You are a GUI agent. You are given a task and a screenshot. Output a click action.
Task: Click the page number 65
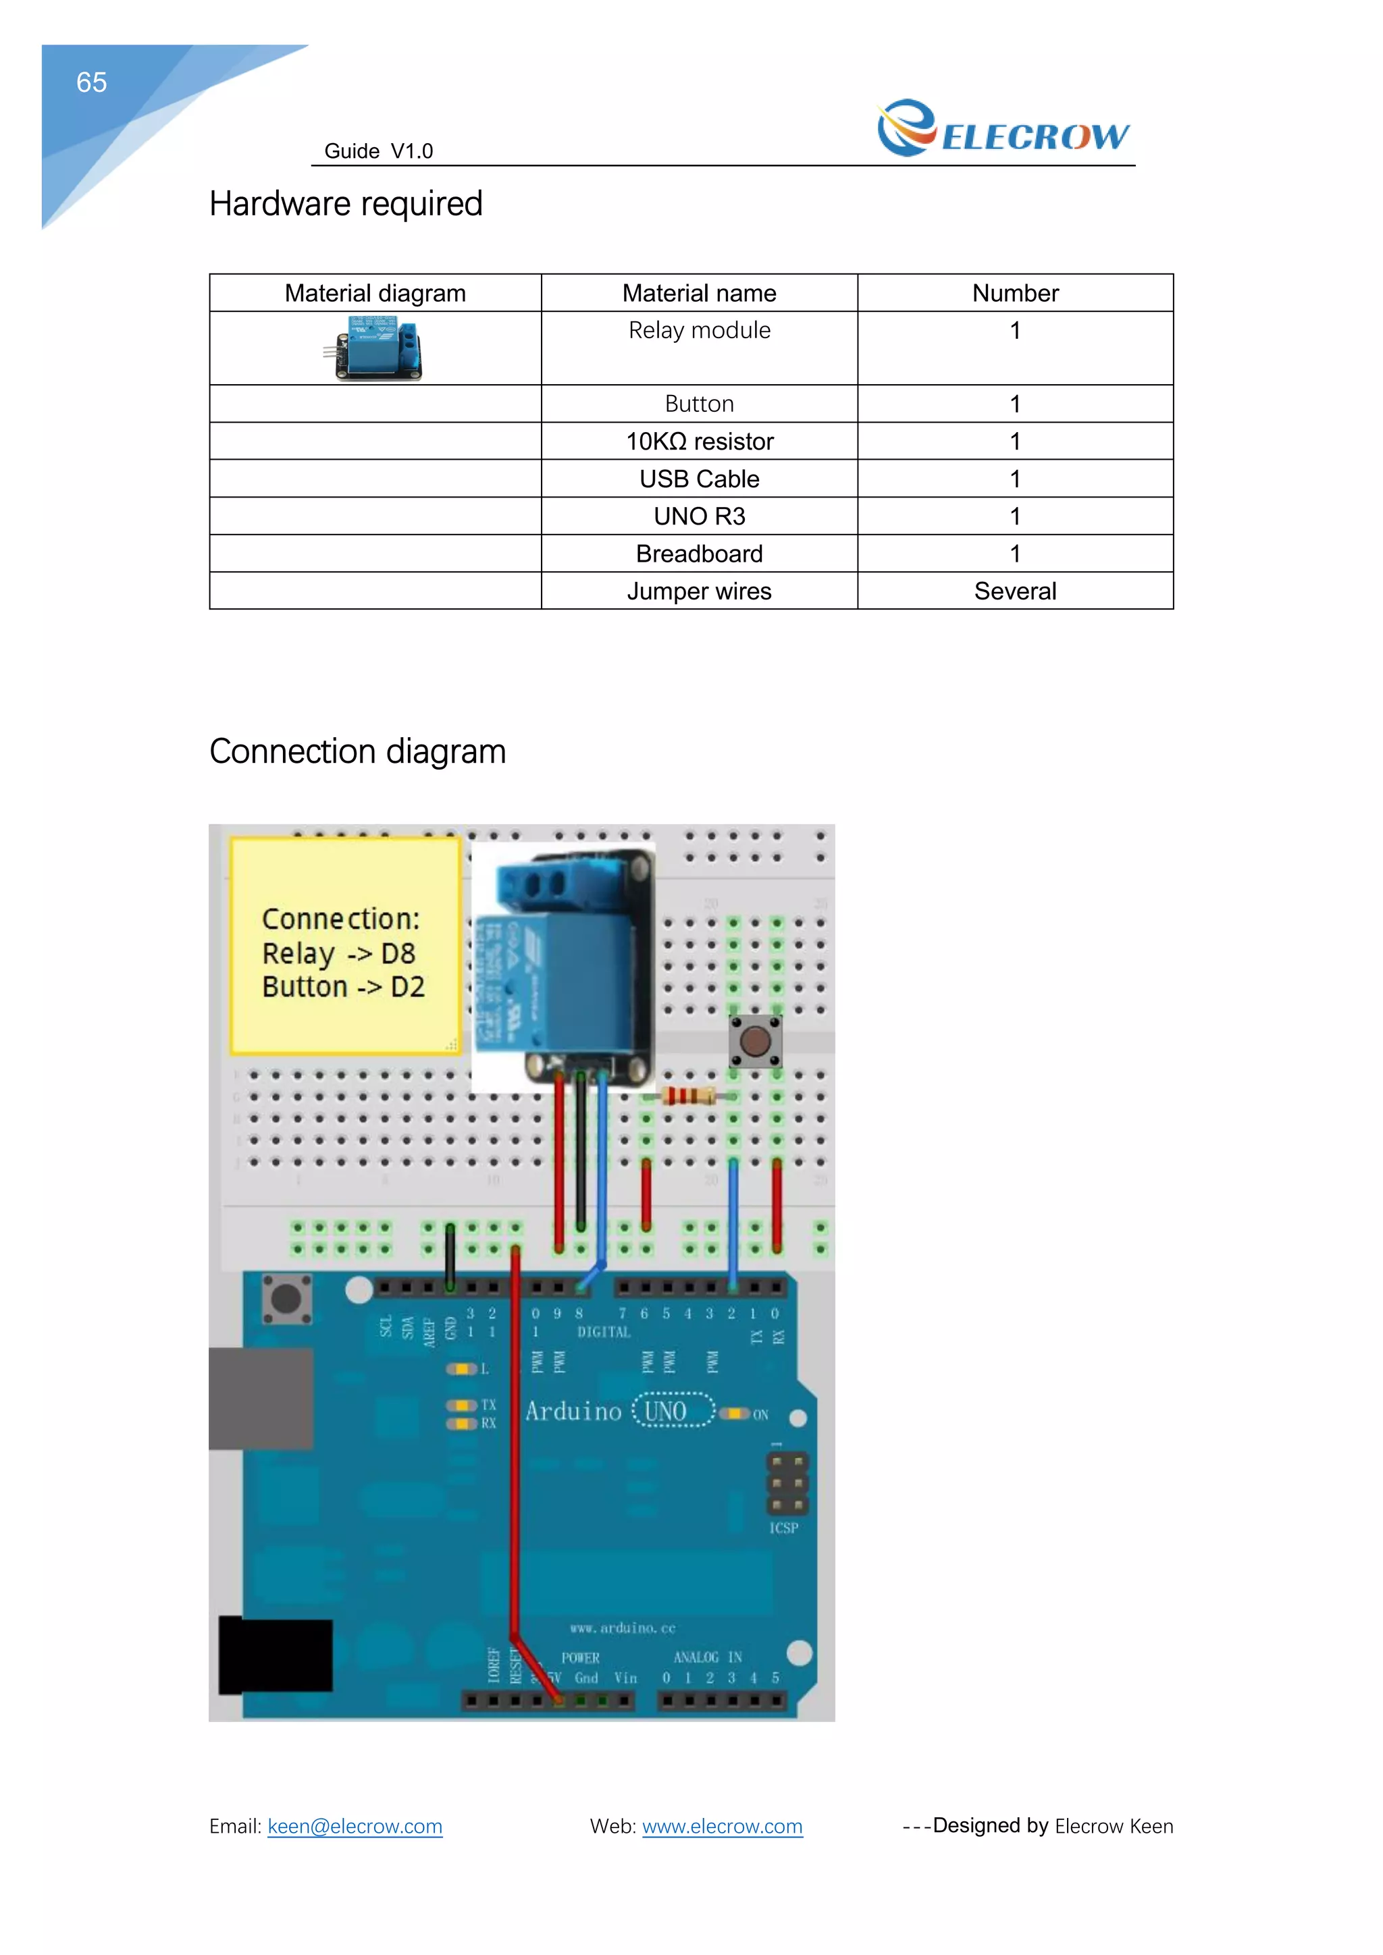tap(91, 82)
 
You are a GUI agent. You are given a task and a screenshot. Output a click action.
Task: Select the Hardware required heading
tap(346, 205)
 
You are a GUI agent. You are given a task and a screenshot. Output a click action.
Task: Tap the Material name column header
tap(699, 294)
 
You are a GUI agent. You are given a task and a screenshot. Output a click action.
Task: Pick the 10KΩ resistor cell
tap(699, 441)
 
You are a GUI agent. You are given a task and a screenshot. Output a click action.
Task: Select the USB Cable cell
tap(699, 479)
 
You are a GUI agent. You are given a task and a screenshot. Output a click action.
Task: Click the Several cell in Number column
tap(1015, 591)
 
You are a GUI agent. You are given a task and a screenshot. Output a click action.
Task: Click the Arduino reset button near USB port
tap(285, 1300)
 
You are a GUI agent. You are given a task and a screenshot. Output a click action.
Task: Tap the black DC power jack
tap(275, 1655)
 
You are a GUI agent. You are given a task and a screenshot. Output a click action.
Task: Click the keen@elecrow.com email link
tap(355, 1827)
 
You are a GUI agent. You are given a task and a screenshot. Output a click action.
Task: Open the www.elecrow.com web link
tap(722, 1827)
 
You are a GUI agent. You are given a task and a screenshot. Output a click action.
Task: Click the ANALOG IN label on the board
tap(708, 1657)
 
